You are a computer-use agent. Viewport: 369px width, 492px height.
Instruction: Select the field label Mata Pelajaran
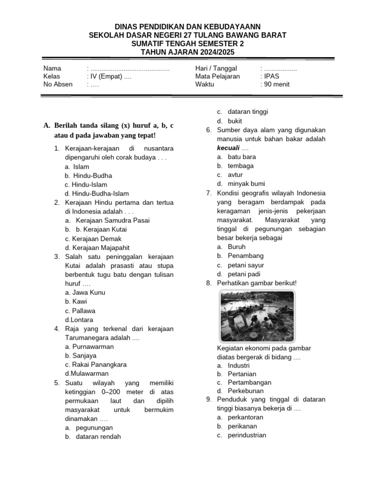tap(217, 76)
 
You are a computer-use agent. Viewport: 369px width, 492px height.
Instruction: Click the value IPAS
tap(271, 76)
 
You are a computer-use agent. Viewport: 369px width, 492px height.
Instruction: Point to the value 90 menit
tap(276, 84)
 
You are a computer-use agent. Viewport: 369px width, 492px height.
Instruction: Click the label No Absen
tap(58, 84)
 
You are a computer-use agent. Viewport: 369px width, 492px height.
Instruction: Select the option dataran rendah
tap(98, 437)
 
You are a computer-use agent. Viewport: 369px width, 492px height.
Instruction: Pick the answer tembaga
tap(241, 166)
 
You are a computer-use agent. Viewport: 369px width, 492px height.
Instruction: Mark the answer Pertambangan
tap(249, 382)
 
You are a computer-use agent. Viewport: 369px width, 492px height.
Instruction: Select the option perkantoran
tap(246, 417)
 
